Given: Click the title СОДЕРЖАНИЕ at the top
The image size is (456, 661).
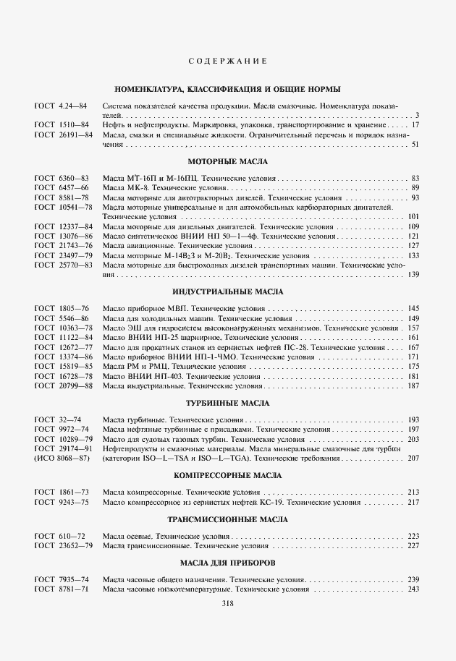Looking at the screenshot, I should coord(228,61).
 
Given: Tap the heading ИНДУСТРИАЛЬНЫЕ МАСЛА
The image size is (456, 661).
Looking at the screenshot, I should coord(228,291).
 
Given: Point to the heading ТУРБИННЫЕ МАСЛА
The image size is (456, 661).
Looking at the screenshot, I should coord(228,402).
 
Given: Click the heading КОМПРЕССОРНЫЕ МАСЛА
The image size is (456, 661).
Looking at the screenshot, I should coord(228,476).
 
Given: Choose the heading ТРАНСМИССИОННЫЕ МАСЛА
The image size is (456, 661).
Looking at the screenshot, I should coord(228,519).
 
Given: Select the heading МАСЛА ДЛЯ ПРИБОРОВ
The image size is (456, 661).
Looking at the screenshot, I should coord(228,562).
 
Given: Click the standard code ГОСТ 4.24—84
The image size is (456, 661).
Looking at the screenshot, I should coord(61,106).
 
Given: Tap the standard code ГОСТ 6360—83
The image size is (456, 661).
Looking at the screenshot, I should coord(62,178).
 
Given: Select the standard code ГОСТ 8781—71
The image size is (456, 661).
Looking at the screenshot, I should coord(62,589).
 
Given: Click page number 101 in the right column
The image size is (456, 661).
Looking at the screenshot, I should coord(414,217).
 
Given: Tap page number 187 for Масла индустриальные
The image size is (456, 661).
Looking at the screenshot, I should coord(414,386).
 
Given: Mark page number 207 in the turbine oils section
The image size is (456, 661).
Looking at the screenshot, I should coord(414,459).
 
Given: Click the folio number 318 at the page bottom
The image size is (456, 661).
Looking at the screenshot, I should coord(227,605).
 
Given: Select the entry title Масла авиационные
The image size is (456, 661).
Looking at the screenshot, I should coord(136,246).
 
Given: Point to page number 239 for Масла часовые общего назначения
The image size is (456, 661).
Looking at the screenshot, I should coord(414,580).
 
